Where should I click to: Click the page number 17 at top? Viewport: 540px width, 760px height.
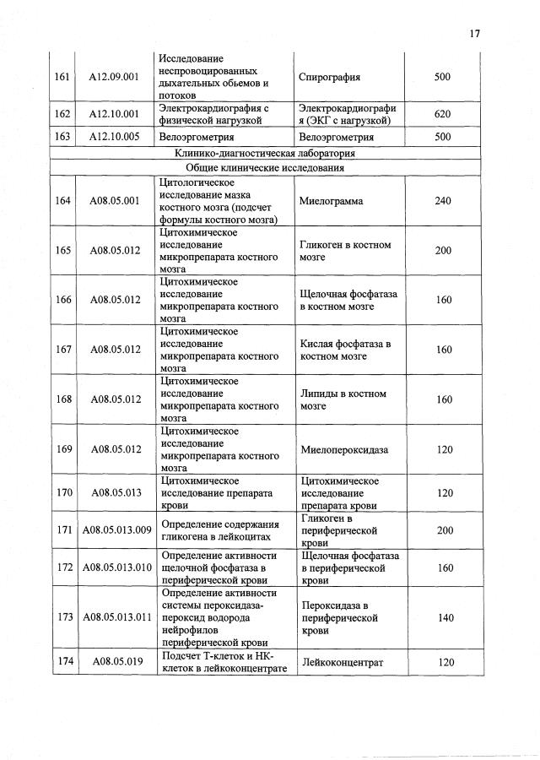click(x=474, y=34)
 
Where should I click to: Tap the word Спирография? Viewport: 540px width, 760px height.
click(x=330, y=77)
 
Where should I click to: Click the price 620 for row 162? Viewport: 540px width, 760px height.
click(x=442, y=114)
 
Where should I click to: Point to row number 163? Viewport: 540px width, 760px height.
click(x=62, y=136)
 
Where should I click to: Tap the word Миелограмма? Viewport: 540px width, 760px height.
click(x=331, y=201)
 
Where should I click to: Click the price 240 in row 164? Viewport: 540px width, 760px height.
click(x=442, y=201)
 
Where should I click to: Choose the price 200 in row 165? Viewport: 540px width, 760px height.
click(x=442, y=251)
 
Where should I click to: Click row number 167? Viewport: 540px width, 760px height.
click(x=62, y=350)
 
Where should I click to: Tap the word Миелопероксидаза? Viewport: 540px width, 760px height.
click(x=343, y=449)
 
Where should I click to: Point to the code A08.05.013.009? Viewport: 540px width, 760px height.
click(x=117, y=529)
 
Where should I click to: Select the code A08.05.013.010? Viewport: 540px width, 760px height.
click(x=117, y=567)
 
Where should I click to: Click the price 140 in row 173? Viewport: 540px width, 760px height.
click(x=442, y=618)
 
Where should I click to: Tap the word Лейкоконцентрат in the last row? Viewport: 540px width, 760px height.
click(x=341, y=662)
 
